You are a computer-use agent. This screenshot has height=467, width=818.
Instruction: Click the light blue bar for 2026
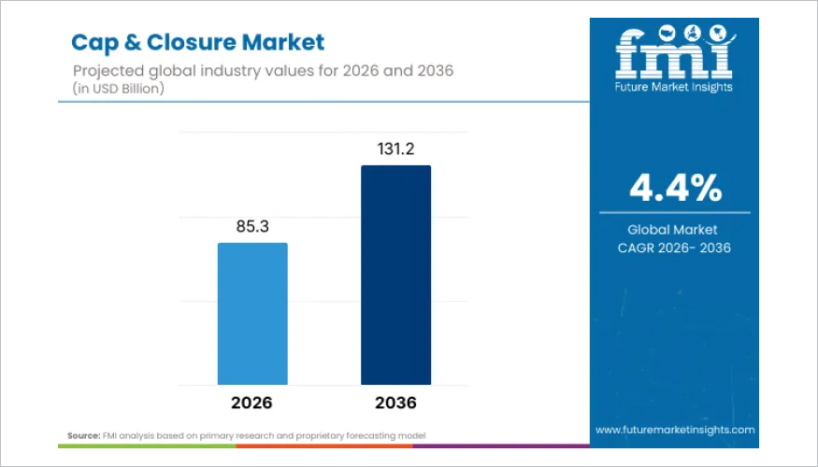point(252,314)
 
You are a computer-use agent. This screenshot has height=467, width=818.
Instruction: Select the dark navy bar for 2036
point(395,275)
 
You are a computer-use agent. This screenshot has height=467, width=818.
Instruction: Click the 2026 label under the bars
point(252,403)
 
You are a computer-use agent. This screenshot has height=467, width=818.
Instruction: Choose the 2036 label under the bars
point(395,403)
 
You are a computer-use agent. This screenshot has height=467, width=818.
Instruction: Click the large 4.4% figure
point(675,188)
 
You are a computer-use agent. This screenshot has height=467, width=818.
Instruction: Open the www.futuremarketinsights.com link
point(675,430)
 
